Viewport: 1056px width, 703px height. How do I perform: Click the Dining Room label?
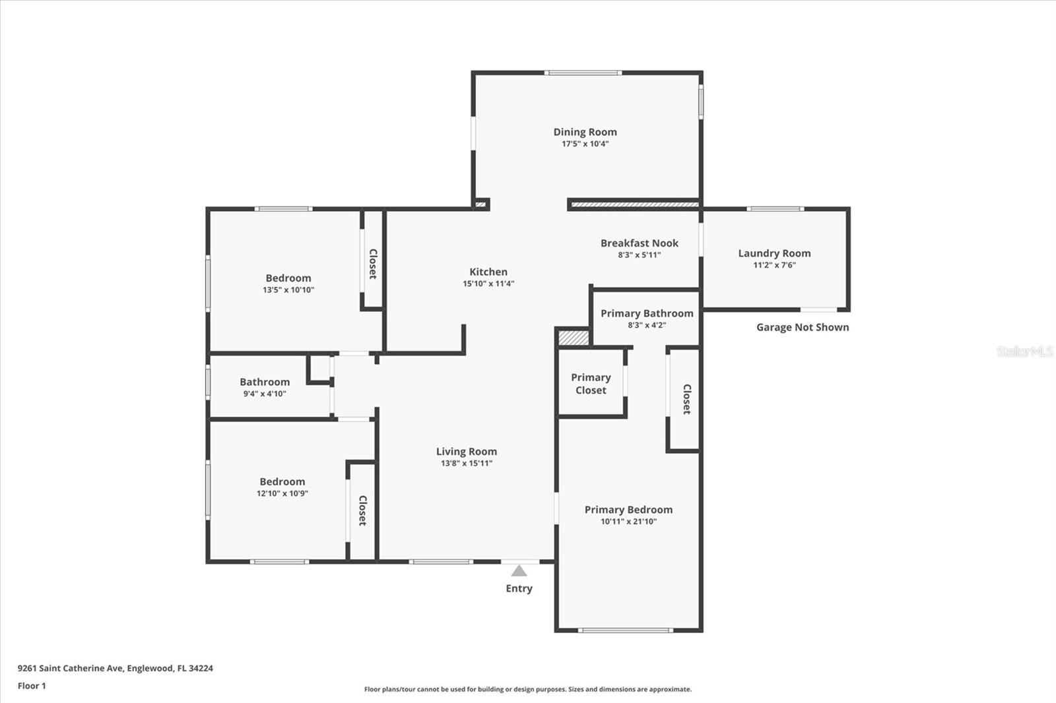pos(585,132)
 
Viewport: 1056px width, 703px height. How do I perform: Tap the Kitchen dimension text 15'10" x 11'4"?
pos(488,284)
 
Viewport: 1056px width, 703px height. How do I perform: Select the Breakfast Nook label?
pos(640,243)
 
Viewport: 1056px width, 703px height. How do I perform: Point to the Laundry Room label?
pos(775,253)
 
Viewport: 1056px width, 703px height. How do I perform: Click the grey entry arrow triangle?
pos(519,571)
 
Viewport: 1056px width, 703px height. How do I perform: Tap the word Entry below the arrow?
pos(519,588)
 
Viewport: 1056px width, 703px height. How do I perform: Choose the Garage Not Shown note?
pos(803,327)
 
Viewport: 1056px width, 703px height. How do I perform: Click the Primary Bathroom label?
pos(647,313)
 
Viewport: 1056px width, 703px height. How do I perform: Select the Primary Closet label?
pos(591,384)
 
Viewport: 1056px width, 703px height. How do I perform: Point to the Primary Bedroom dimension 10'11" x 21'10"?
pos(628,522)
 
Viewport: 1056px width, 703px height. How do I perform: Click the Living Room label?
pos(466,451)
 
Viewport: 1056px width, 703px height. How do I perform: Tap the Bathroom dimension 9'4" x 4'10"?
pos(265,394)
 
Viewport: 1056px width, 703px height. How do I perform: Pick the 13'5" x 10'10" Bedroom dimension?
pos(288,290)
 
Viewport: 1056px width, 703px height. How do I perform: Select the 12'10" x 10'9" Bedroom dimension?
pos(282,493)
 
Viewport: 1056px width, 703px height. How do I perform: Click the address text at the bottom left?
pos(115,668)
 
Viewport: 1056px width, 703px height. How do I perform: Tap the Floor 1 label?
pos(32,686)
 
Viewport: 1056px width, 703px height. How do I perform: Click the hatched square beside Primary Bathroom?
pos(574,338)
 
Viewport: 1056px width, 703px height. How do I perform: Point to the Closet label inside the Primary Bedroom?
pos(687,399)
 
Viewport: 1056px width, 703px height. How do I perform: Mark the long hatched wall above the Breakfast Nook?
pos(635,204)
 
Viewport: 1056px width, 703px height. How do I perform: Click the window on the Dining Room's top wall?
pos(583,73)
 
